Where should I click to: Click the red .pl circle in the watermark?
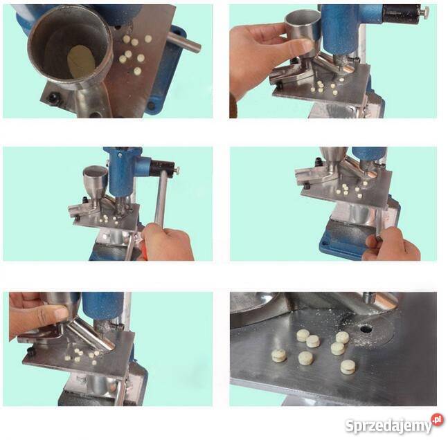[x=437, y=420]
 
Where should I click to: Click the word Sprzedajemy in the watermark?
[x=388, y=426]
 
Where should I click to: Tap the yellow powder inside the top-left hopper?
[x=81, y=62]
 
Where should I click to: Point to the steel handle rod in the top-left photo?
[x=183, y=42]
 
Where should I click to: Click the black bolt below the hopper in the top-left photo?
[x=53, y=98]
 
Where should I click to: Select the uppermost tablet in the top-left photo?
[x=148, y=39]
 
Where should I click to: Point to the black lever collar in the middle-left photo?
[x=162, y=169]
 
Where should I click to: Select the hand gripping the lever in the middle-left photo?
[x=167, y=243]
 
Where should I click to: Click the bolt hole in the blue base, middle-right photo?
[x=324, y=244]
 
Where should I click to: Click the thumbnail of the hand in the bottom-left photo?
[x=61, y=313]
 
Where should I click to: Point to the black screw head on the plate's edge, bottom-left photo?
[x=31, y=351]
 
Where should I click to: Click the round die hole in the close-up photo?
[x=366, y=329]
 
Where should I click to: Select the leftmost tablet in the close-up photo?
[x=278, y=356]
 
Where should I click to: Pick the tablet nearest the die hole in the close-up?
[x=342, y=338]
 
